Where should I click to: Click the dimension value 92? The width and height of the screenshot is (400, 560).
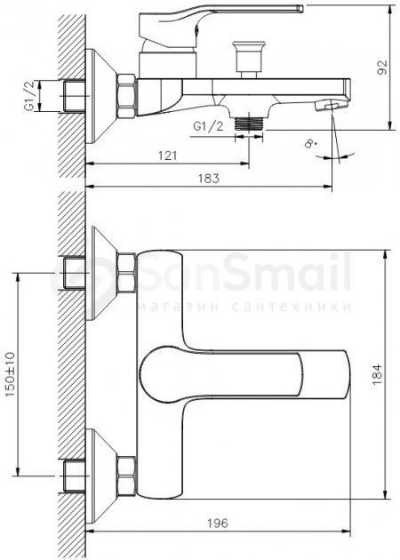[x=382, y=68]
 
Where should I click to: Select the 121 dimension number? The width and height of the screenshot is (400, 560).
[x=167, y=156]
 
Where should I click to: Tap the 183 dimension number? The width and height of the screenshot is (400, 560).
[x=209, y=179]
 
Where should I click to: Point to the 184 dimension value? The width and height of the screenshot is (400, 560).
[x=377, y=374]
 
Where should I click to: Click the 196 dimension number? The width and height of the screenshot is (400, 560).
[x=218, y=524]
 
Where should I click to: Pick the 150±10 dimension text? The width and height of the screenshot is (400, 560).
[x=10, y=374]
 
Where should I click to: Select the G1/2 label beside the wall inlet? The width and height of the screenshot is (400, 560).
[x=30, y=96]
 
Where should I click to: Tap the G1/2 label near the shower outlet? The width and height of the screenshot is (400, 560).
[x=208, y=126]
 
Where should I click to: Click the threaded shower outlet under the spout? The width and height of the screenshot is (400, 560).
[x=249, y=124]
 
